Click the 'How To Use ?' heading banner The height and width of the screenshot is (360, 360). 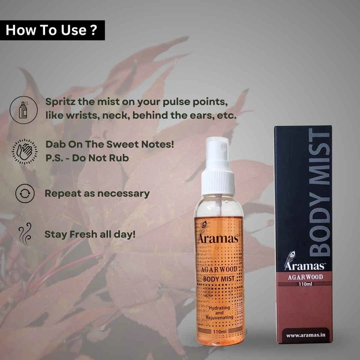52,30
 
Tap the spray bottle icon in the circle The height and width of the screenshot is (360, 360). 23,110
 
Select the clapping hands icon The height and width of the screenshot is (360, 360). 25,152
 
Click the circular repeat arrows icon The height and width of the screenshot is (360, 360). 25,193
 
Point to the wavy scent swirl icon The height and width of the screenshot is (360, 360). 25,234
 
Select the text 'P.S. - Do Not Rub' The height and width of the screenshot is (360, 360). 87,158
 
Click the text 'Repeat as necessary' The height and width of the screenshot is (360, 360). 97,193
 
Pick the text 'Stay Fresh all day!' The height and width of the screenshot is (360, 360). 90,235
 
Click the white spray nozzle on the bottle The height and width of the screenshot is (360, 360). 217,166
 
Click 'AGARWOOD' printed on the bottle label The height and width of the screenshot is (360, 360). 219,269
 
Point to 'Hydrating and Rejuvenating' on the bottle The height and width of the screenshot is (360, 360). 220,313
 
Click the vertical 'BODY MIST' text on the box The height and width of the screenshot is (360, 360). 319,193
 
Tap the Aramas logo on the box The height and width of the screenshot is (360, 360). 304,262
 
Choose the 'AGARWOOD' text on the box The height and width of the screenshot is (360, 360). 305,277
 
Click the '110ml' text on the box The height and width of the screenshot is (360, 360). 305,284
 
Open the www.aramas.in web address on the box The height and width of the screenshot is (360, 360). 305,335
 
